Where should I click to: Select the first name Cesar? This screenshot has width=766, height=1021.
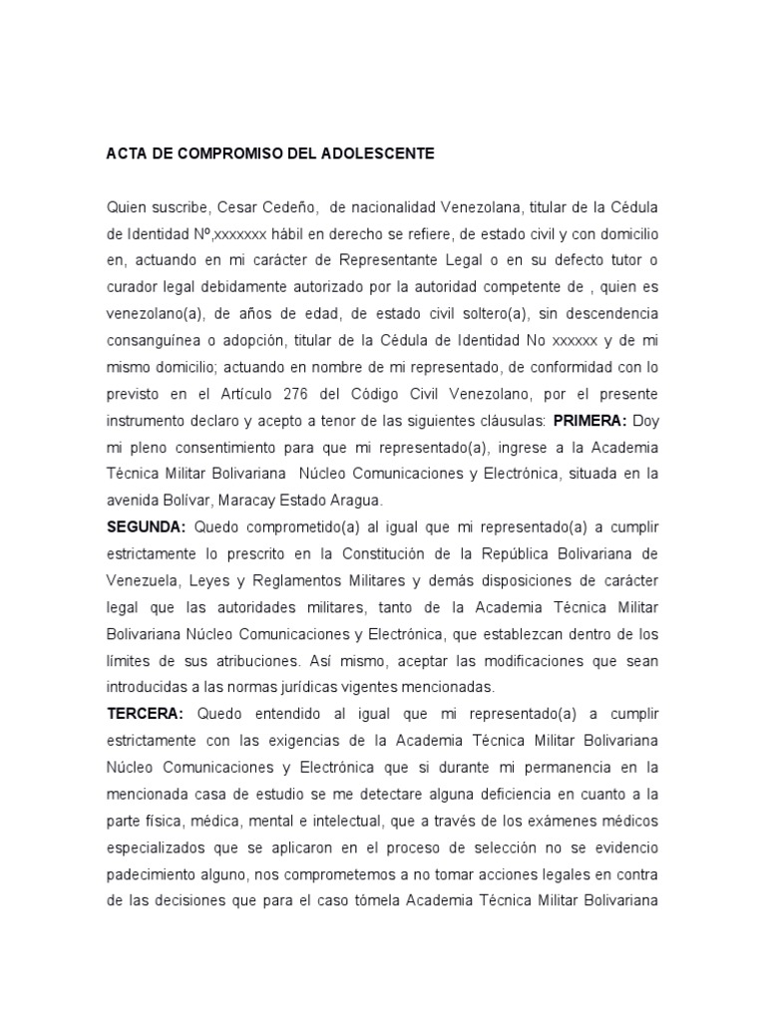click(235, 207)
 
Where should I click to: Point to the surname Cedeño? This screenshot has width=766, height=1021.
click(287, 207)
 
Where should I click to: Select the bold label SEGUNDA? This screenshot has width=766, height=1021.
click(147, 526)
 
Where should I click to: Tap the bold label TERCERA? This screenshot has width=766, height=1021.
click(146, 714)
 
